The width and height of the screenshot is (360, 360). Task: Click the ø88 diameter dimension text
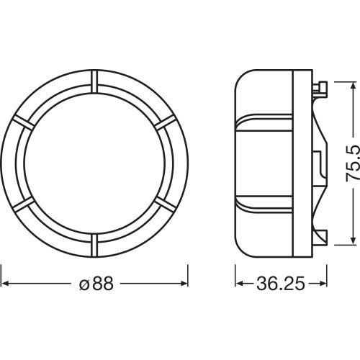[x=96, y=284]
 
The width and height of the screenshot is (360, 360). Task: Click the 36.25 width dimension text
[x=281, y=284]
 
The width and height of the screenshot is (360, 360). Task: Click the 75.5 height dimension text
[x=353, y=163]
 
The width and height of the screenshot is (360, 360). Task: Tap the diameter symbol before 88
[x=84, y=285]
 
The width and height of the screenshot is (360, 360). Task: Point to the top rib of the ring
[x=94, y=81]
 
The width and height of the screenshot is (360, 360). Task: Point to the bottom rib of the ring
[x=94, y=246]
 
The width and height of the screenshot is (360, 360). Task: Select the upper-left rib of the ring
[x=24, y=122]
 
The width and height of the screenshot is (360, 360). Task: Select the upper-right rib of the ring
[x=166, y=122]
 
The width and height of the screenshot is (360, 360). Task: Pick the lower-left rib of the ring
[x=24, y=204]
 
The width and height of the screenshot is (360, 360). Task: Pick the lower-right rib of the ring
[x=166, y=204]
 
